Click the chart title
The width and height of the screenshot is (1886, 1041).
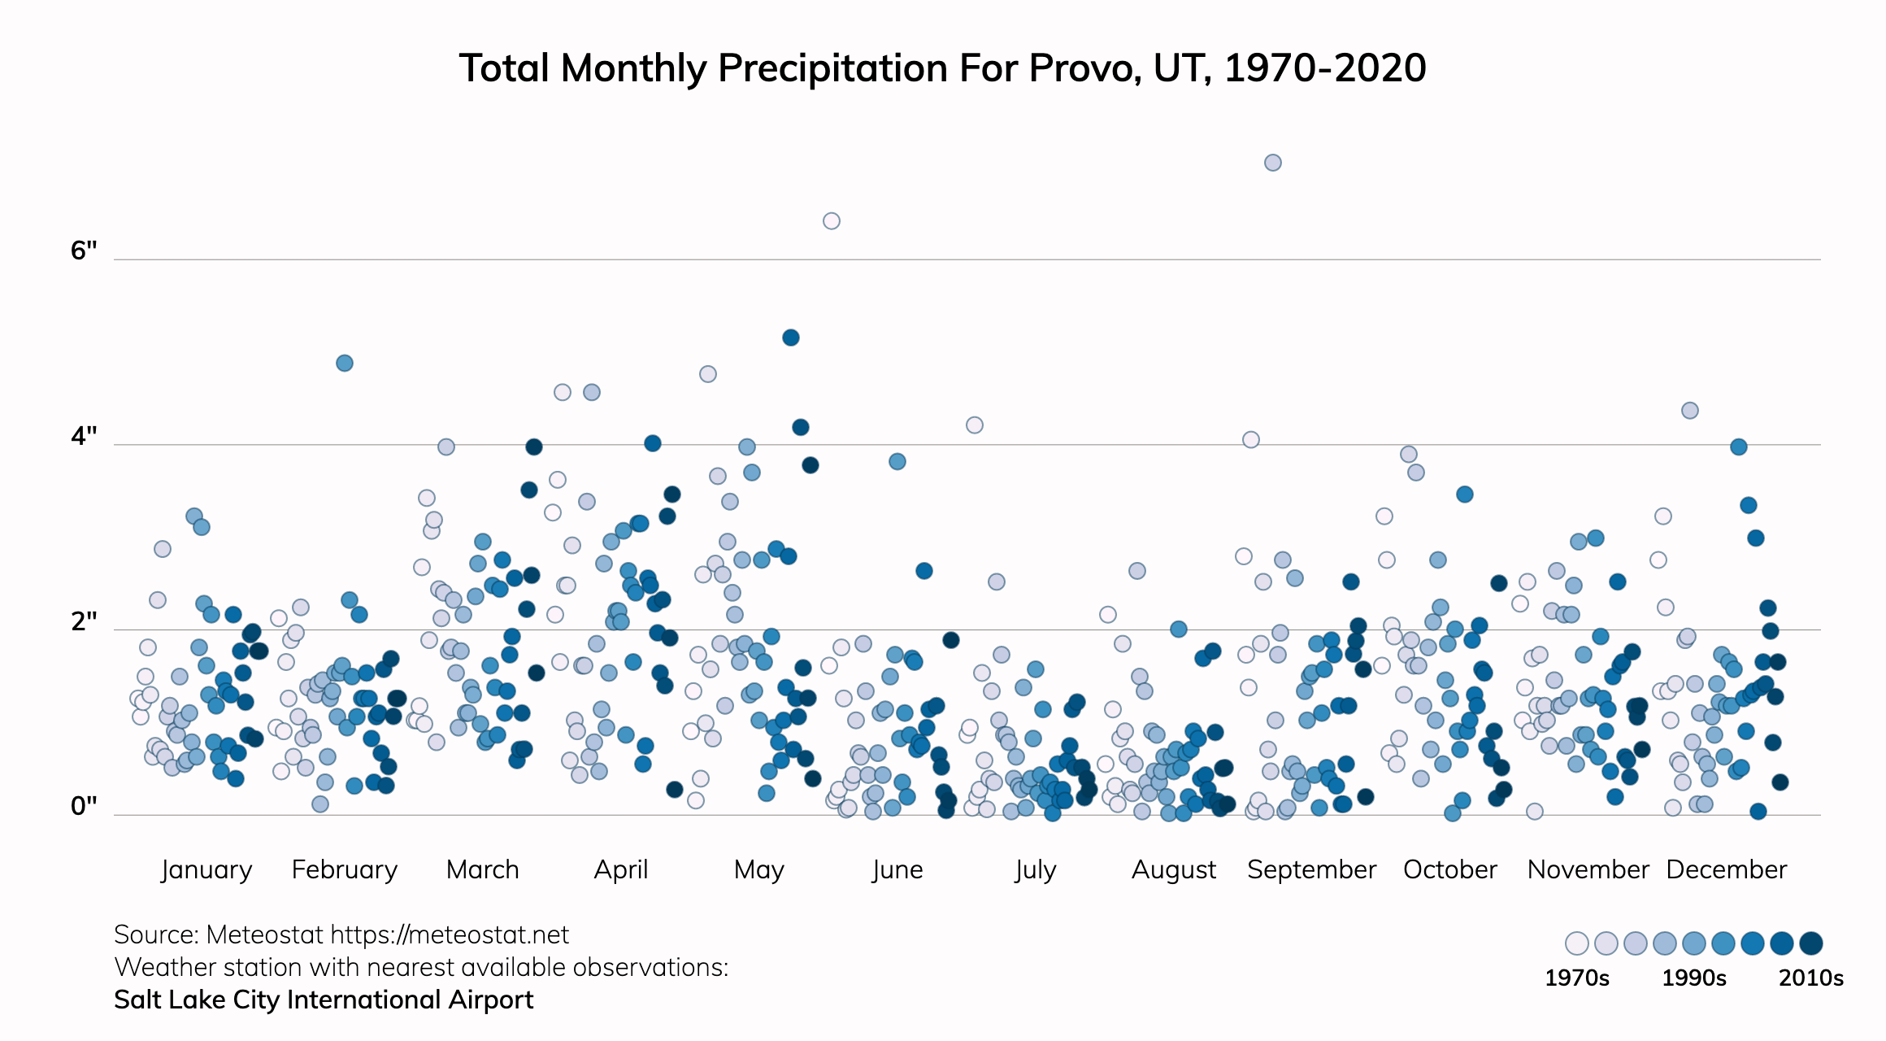[942, 68]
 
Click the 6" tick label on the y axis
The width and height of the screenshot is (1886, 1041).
[84, 250]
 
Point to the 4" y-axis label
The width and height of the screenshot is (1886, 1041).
[84, 437]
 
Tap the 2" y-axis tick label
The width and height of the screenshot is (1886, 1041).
[84, 621]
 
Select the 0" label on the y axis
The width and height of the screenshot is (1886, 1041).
[84, 806]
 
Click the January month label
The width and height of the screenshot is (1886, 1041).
[206, 869]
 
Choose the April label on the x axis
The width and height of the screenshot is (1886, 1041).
[621, 869]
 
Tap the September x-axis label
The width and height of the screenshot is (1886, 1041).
[1311, 869]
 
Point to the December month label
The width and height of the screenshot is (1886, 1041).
[1726, 869]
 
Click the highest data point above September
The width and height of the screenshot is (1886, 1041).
[1273, 163]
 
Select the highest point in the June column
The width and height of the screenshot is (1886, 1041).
[831, 221]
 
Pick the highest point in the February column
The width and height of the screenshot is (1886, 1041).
[345, 363]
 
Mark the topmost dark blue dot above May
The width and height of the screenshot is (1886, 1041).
[791, 338]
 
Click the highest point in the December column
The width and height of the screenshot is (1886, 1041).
[1690, 411]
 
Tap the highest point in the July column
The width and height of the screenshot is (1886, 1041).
[975, 425]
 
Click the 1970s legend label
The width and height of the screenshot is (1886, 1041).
[1576, 978]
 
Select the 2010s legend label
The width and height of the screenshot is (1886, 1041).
[1810, 978]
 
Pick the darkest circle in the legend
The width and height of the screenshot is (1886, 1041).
[1811, 943]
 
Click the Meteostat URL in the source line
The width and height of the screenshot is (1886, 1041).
[450, 935]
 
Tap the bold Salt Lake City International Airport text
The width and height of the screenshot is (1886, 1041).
[324, 1000]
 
